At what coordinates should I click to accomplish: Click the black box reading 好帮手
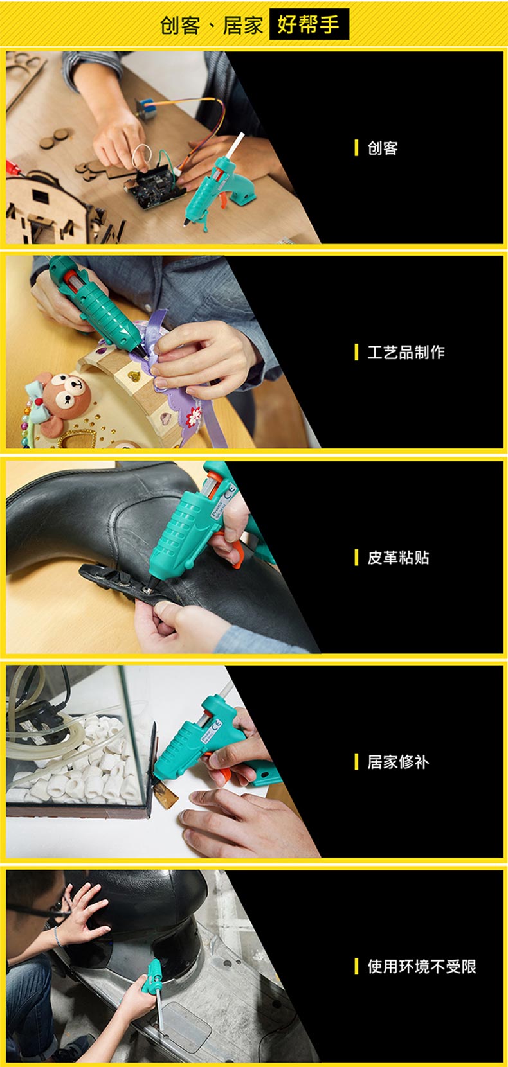309,24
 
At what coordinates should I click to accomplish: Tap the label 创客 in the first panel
383,148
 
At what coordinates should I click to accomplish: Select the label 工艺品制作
406,353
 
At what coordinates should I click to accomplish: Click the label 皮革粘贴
398,558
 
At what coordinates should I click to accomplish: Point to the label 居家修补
398,762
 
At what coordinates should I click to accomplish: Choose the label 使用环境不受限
422,967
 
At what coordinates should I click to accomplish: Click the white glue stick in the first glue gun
235,145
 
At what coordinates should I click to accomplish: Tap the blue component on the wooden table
145,108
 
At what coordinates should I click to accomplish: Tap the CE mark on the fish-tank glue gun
217,725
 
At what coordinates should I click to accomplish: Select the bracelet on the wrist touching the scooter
57,936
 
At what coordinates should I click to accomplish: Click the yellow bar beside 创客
356,148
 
